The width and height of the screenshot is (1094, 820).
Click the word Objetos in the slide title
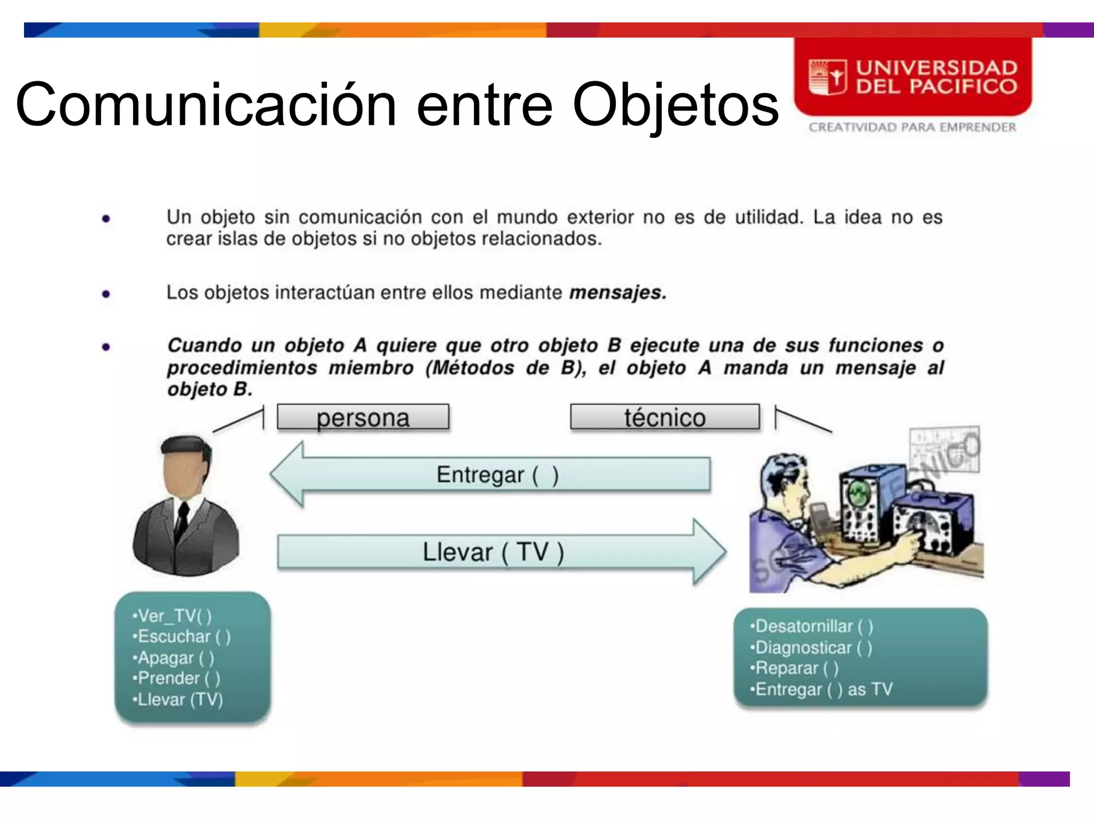(675, 105)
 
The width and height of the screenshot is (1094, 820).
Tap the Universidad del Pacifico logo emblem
(827, 77)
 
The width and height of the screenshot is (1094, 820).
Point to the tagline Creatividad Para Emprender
(912, 128)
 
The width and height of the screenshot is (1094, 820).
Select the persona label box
(363, 417)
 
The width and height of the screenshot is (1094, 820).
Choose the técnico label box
(665, 417)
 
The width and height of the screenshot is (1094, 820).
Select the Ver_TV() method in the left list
(172, 616)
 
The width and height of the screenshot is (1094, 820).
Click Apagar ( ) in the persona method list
(174, 658)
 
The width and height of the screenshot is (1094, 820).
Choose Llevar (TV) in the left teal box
(178, 699)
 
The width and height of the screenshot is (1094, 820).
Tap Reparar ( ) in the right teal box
(794, 668)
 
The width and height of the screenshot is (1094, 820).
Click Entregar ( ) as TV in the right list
(822, 689)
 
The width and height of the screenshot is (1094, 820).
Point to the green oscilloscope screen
(858, 493)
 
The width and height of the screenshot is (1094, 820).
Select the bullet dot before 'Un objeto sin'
(106, 218)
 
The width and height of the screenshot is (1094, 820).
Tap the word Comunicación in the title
(206, 105)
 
